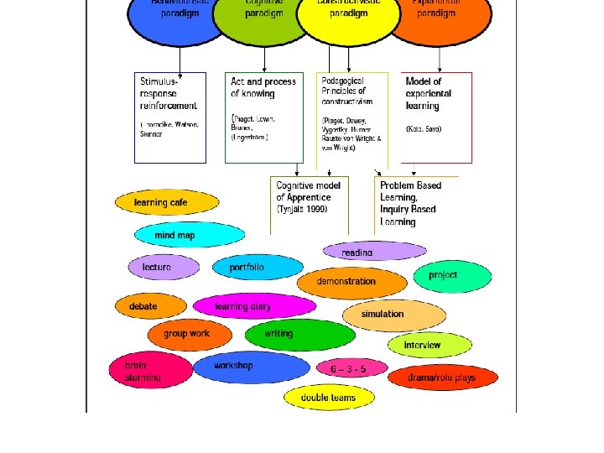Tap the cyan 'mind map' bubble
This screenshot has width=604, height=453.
pos(189,235)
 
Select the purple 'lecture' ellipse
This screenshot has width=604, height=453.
pos(164,268)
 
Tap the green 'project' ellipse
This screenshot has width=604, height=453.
pos(451,276)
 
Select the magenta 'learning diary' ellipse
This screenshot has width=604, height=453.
pos(243,306)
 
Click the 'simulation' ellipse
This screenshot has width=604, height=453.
pos(393,315)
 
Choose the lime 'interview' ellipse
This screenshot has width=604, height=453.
pos(425,345)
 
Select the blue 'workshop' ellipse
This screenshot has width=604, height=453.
pos(251,367)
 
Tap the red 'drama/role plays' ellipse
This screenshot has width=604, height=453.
pos(443,377)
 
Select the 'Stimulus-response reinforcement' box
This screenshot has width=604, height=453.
pos(171,117)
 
